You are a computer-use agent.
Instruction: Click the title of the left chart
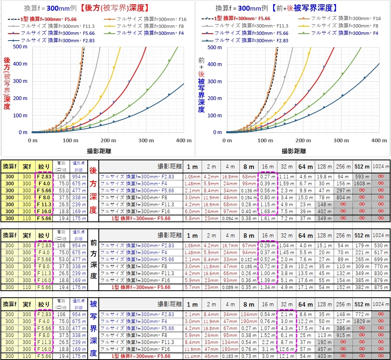86,8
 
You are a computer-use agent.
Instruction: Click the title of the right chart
277,8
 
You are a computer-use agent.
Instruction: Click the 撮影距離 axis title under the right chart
293,151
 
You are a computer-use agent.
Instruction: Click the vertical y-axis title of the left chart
7,84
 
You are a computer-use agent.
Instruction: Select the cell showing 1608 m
362,184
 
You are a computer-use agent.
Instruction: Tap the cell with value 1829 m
362,321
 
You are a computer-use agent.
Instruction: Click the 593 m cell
362,177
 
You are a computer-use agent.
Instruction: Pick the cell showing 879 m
381,280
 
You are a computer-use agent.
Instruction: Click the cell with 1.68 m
268,212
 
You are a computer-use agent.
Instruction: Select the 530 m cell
381,246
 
